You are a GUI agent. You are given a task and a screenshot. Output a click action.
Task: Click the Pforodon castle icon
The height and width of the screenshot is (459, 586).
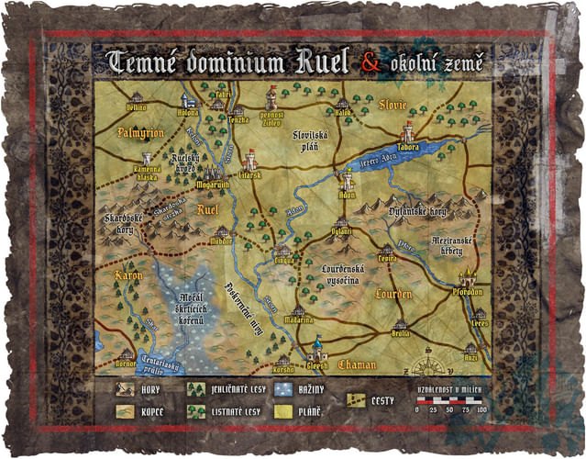coord(469,277)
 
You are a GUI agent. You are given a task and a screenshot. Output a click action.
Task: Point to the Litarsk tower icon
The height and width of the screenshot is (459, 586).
coord(250,160)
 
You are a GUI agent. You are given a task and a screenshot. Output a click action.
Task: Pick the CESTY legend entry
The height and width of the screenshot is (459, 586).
coord(371,398)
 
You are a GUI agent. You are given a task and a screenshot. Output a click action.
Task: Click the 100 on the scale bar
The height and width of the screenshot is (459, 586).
coord(482,409)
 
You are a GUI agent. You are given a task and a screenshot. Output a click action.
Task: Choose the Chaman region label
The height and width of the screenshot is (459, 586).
coord(357,364)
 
